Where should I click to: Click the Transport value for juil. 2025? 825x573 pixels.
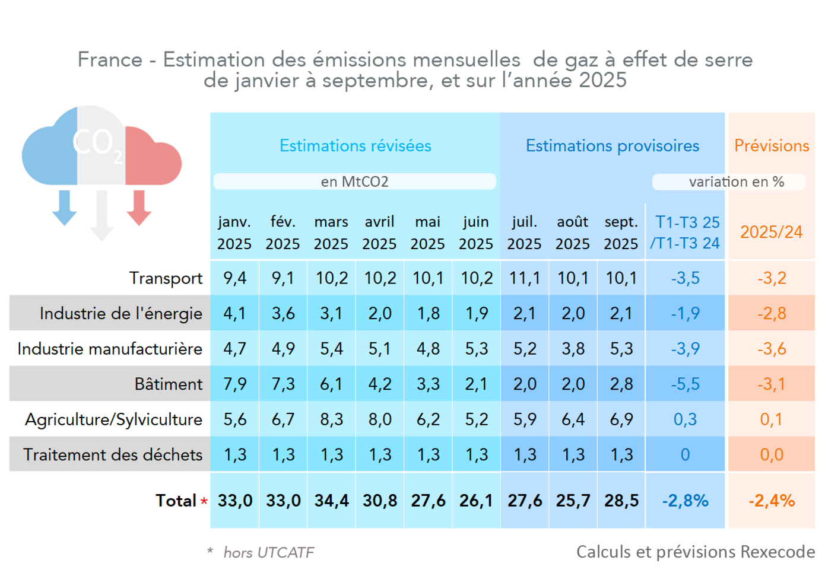[525, 278]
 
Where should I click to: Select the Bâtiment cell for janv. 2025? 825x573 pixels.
[235, 384]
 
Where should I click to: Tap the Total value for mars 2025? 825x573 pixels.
[331, 501]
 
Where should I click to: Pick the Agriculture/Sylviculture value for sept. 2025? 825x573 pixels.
[621, 419]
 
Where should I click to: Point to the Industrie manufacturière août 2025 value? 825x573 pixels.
[573, 349]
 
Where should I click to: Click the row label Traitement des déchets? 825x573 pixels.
[113, 454]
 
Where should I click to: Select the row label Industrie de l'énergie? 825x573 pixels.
[121, 313]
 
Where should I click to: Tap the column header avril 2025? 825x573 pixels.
[379, 233]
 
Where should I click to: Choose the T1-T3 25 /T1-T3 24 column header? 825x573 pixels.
[686, 233]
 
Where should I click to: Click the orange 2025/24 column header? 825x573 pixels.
[771, 232]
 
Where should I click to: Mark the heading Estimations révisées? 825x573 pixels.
[356, 146]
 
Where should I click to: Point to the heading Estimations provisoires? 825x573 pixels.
[613, 146]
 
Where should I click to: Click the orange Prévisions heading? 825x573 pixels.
[772, 146]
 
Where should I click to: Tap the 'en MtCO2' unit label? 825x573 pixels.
[354, 182]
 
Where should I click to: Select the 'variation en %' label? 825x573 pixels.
[736, 182]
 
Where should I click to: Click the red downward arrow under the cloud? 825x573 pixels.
[139, 208]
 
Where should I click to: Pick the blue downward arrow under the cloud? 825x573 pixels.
[65, 208]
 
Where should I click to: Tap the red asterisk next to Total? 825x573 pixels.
[204, 501]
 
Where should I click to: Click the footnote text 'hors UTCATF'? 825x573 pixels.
[268, 553]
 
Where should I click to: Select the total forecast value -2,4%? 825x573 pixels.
[772, 501]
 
